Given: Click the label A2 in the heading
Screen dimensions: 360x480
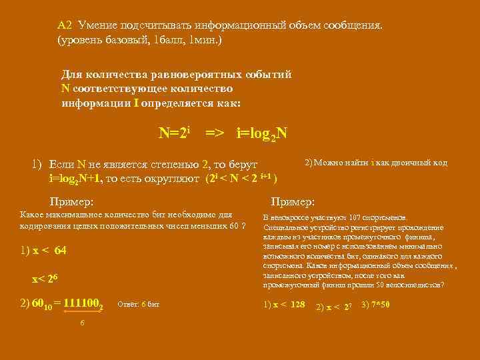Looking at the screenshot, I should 65,25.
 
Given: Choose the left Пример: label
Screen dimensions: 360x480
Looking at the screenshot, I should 72,201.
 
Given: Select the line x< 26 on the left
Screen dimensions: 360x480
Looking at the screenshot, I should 46,278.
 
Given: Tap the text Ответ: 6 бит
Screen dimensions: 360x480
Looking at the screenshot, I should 138,305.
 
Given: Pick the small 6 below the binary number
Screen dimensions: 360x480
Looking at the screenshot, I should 81,323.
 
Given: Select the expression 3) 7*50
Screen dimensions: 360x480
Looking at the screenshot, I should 375,305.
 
